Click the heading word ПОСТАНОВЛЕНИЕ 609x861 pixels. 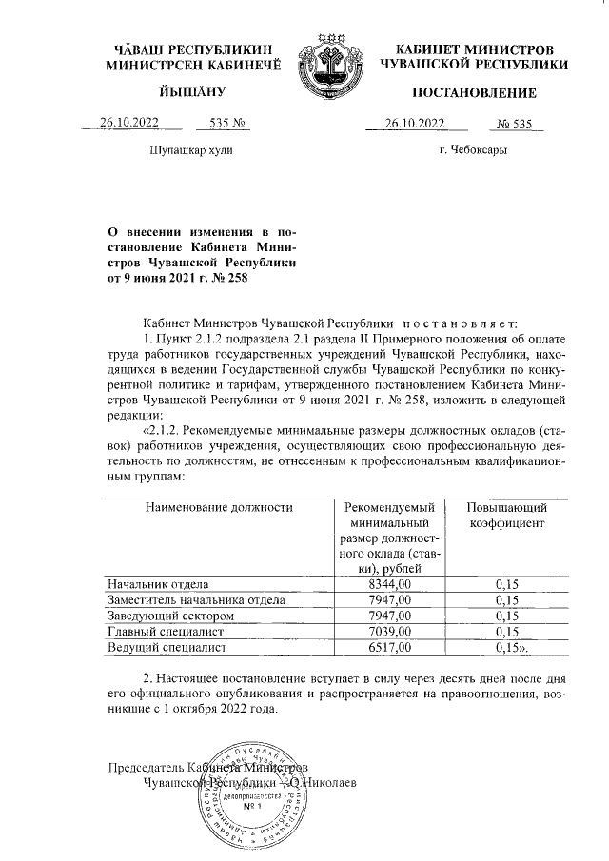pos(473,93)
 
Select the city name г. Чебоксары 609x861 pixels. pos(473,151)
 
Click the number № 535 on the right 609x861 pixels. pos(520,122)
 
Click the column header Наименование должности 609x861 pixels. pos(217,508)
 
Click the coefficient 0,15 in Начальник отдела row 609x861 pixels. pos(506,583)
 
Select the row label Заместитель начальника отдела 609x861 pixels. pos(197,599)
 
